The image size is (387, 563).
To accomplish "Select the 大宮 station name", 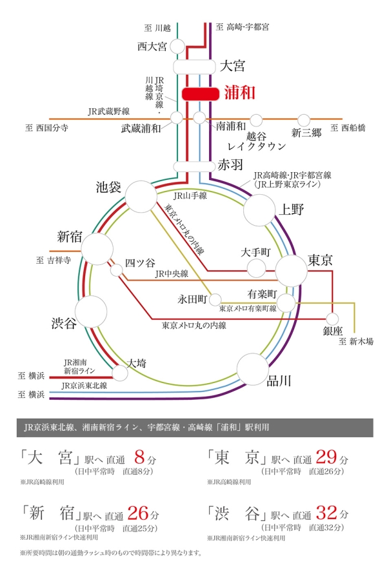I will [x=233, y=66].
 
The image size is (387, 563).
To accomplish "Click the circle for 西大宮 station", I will [x=177, y=48].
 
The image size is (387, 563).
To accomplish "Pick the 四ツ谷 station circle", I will [x=117, y=270].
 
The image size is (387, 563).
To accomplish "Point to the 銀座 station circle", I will [x=333, y=319].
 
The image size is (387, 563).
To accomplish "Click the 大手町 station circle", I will [x=257, y=268].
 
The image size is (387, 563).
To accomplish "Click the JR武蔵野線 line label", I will [x=110, y=111].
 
